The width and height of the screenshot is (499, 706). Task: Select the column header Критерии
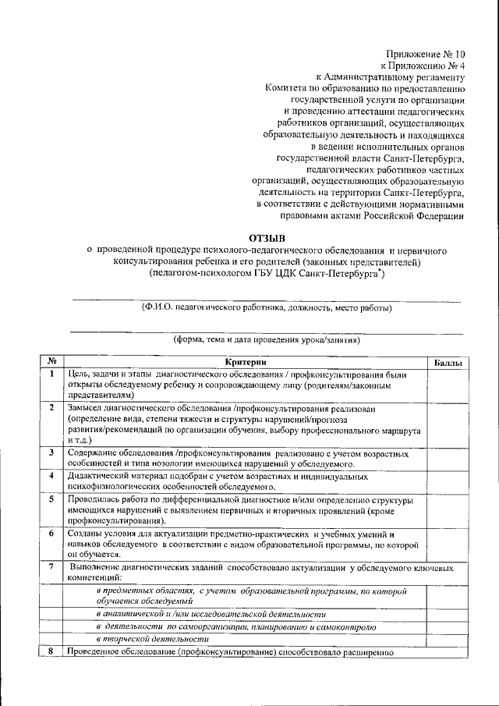point(246,362)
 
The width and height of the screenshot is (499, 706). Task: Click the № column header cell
point(51,362)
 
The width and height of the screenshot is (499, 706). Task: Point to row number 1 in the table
point(51,374)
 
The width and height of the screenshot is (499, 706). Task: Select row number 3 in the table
point(51,452)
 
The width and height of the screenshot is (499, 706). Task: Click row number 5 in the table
point(51,498)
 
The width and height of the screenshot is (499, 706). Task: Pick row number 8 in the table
point(51,651)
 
